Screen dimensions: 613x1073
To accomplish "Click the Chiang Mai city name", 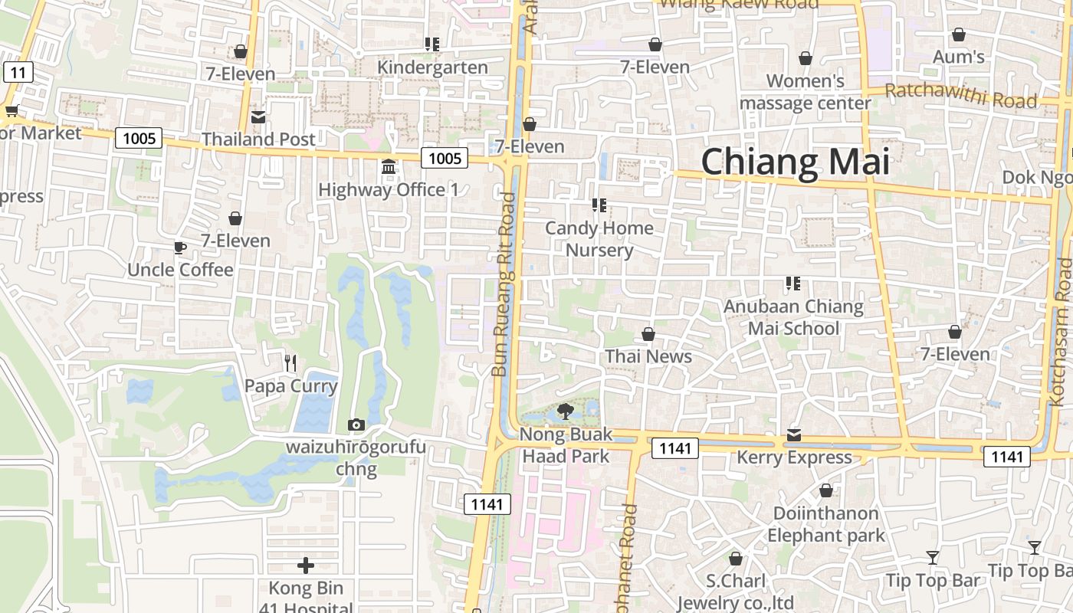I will (795, 162).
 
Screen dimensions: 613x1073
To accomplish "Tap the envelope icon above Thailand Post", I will (258, 117).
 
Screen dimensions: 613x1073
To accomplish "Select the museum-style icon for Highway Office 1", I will (389, 167).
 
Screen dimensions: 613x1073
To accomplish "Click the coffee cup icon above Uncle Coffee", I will (179, 247).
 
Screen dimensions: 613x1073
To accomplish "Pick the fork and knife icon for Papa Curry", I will (290, 363).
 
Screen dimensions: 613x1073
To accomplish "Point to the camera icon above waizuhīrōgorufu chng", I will (356, 425).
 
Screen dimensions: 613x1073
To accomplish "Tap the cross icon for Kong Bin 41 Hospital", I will (306, 566).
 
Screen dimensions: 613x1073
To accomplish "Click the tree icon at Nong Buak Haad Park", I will (566, 411).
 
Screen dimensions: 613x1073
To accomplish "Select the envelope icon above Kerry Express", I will (794, 435).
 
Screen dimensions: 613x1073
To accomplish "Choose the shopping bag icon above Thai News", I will (648, 334).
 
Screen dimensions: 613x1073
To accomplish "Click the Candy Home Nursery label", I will (599, 239).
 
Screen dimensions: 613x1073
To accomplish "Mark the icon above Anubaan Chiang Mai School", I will (793, 284).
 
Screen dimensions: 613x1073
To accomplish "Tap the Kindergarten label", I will (432, 67).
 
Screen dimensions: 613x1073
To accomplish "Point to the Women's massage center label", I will (806, 92).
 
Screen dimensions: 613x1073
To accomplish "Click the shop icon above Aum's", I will (958, 34).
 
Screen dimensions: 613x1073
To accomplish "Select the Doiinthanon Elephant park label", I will (826, 524).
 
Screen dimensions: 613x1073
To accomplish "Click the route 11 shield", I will (18, 73).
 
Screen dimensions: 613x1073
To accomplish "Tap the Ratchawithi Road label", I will (960, 96).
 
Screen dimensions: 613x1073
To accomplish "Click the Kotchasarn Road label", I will (1064, 331).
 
